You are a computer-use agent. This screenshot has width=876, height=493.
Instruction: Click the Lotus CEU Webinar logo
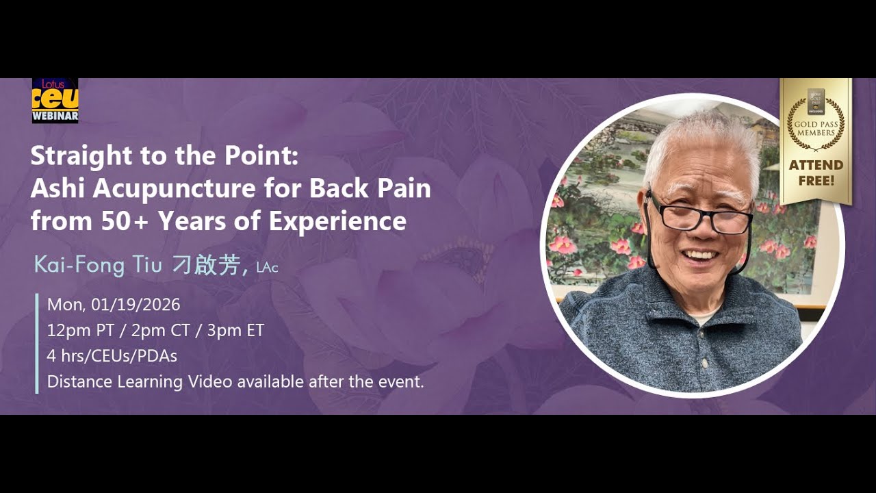tap(55, 101)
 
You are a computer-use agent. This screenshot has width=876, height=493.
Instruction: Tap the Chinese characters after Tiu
tap(205, 266)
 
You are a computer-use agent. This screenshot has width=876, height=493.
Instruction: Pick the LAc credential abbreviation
tap(267, 268)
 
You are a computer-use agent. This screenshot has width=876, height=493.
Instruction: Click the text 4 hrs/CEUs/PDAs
tap(112, 356)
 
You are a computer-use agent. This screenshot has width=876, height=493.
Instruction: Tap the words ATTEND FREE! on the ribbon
tap(816, 173)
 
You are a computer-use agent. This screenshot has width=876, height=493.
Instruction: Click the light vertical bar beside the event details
tap(37, 343)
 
